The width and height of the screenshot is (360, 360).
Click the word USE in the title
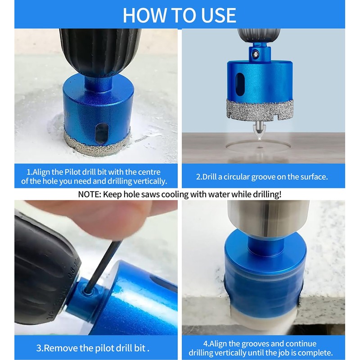coord(218,15)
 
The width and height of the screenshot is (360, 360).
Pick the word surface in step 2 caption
coord(314,177)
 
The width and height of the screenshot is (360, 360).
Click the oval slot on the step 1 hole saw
coord(102,134)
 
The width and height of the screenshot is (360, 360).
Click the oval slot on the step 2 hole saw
coord(240,85)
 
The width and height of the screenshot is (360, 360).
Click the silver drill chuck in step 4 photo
coord(268,218)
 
